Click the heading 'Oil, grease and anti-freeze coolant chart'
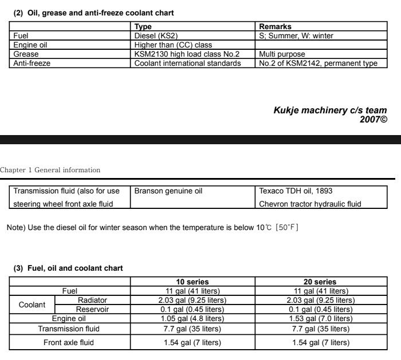(93, 12)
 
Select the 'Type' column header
(143, 27)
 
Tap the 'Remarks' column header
(275, 27)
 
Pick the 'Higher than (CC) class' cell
(173, 45)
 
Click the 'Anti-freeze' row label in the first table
(32, 63)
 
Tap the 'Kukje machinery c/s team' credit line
(330, 110)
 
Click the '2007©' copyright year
(374, 119)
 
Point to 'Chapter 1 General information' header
(50, 170)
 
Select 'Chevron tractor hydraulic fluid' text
(310, 204)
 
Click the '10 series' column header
(192, 282)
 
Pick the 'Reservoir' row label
(92, 309)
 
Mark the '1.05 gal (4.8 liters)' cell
(192, 318)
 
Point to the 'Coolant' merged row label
(32, 304)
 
